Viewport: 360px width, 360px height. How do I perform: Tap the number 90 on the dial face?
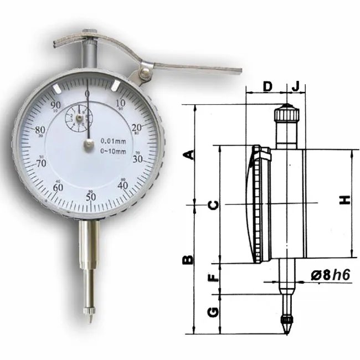(55, 106)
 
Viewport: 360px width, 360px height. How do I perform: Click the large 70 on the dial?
(40, 164)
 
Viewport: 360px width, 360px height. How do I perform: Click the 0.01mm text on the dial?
(112, 140)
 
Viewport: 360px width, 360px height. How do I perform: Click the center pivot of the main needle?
(88, 145)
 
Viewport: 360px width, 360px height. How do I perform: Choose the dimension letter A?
(189, 155)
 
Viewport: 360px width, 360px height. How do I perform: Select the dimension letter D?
(267, 86)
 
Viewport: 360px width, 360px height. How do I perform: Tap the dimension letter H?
(345, 200)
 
